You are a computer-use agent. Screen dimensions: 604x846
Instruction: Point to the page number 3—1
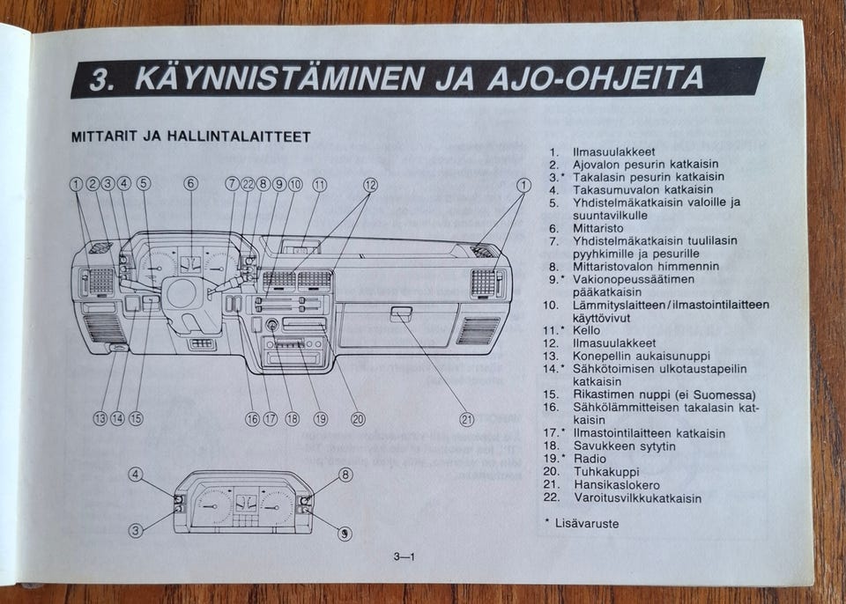pos(404,556)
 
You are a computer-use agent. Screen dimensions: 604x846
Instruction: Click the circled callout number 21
pos(466,419)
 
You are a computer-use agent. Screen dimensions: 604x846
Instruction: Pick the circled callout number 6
pos(190,184)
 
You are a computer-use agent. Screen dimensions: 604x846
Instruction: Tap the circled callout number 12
pos(370,184)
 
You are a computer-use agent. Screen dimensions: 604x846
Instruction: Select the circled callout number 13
pos(100,419)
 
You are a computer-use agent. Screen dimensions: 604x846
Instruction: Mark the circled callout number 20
pos(358,419)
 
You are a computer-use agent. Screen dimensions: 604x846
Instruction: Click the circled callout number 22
pos(248,184)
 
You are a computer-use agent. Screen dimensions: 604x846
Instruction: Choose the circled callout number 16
pos(252,419)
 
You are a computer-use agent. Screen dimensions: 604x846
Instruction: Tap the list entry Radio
pos(590,459)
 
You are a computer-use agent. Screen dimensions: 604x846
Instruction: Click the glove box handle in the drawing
pos(401,312)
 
